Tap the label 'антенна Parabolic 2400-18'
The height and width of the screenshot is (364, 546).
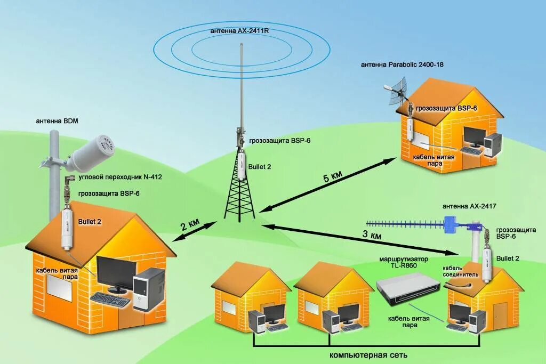tap(402, 64)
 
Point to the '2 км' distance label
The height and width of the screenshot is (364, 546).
tap(190, 225)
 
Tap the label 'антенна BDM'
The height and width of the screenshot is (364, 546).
tap(57, 121)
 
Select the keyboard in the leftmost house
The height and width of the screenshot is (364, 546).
tap(110, 300)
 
